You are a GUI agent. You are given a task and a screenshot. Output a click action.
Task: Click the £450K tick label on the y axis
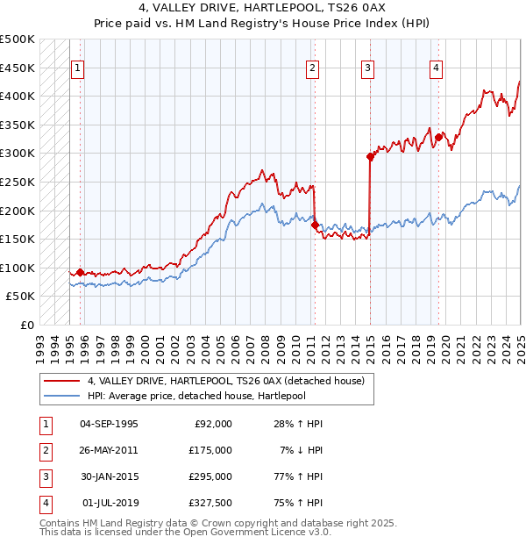tap(18, 68)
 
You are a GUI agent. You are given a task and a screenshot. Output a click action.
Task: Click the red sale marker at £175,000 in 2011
tap(315, 225)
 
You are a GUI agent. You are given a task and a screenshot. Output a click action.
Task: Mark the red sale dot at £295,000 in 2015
tap(370, 157)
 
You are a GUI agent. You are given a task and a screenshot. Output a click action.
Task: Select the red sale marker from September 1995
tap(81, 272)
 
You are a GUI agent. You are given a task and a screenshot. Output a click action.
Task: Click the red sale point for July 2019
tap(438, 138)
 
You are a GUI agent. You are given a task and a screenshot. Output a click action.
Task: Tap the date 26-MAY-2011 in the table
tap(109, 450)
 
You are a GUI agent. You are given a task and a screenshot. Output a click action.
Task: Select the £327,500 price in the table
tap(210, 503)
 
